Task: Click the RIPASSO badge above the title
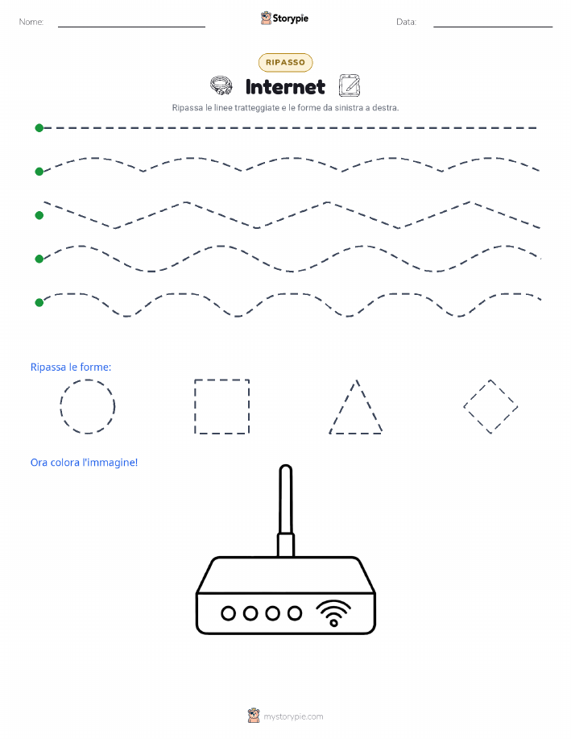285,62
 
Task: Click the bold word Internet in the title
285,87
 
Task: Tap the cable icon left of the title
221,85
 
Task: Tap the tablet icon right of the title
350,85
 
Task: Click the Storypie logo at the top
284,19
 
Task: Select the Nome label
31,22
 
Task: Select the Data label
406,22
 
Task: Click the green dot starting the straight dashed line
39,127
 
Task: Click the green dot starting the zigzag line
39,215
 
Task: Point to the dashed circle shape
60,406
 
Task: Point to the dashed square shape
195,406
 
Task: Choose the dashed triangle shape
343,406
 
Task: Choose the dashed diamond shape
477,393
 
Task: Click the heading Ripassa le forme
71,367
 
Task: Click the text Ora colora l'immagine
84,463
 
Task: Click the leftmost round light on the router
229,613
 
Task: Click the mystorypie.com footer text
293,716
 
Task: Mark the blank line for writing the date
493,27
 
